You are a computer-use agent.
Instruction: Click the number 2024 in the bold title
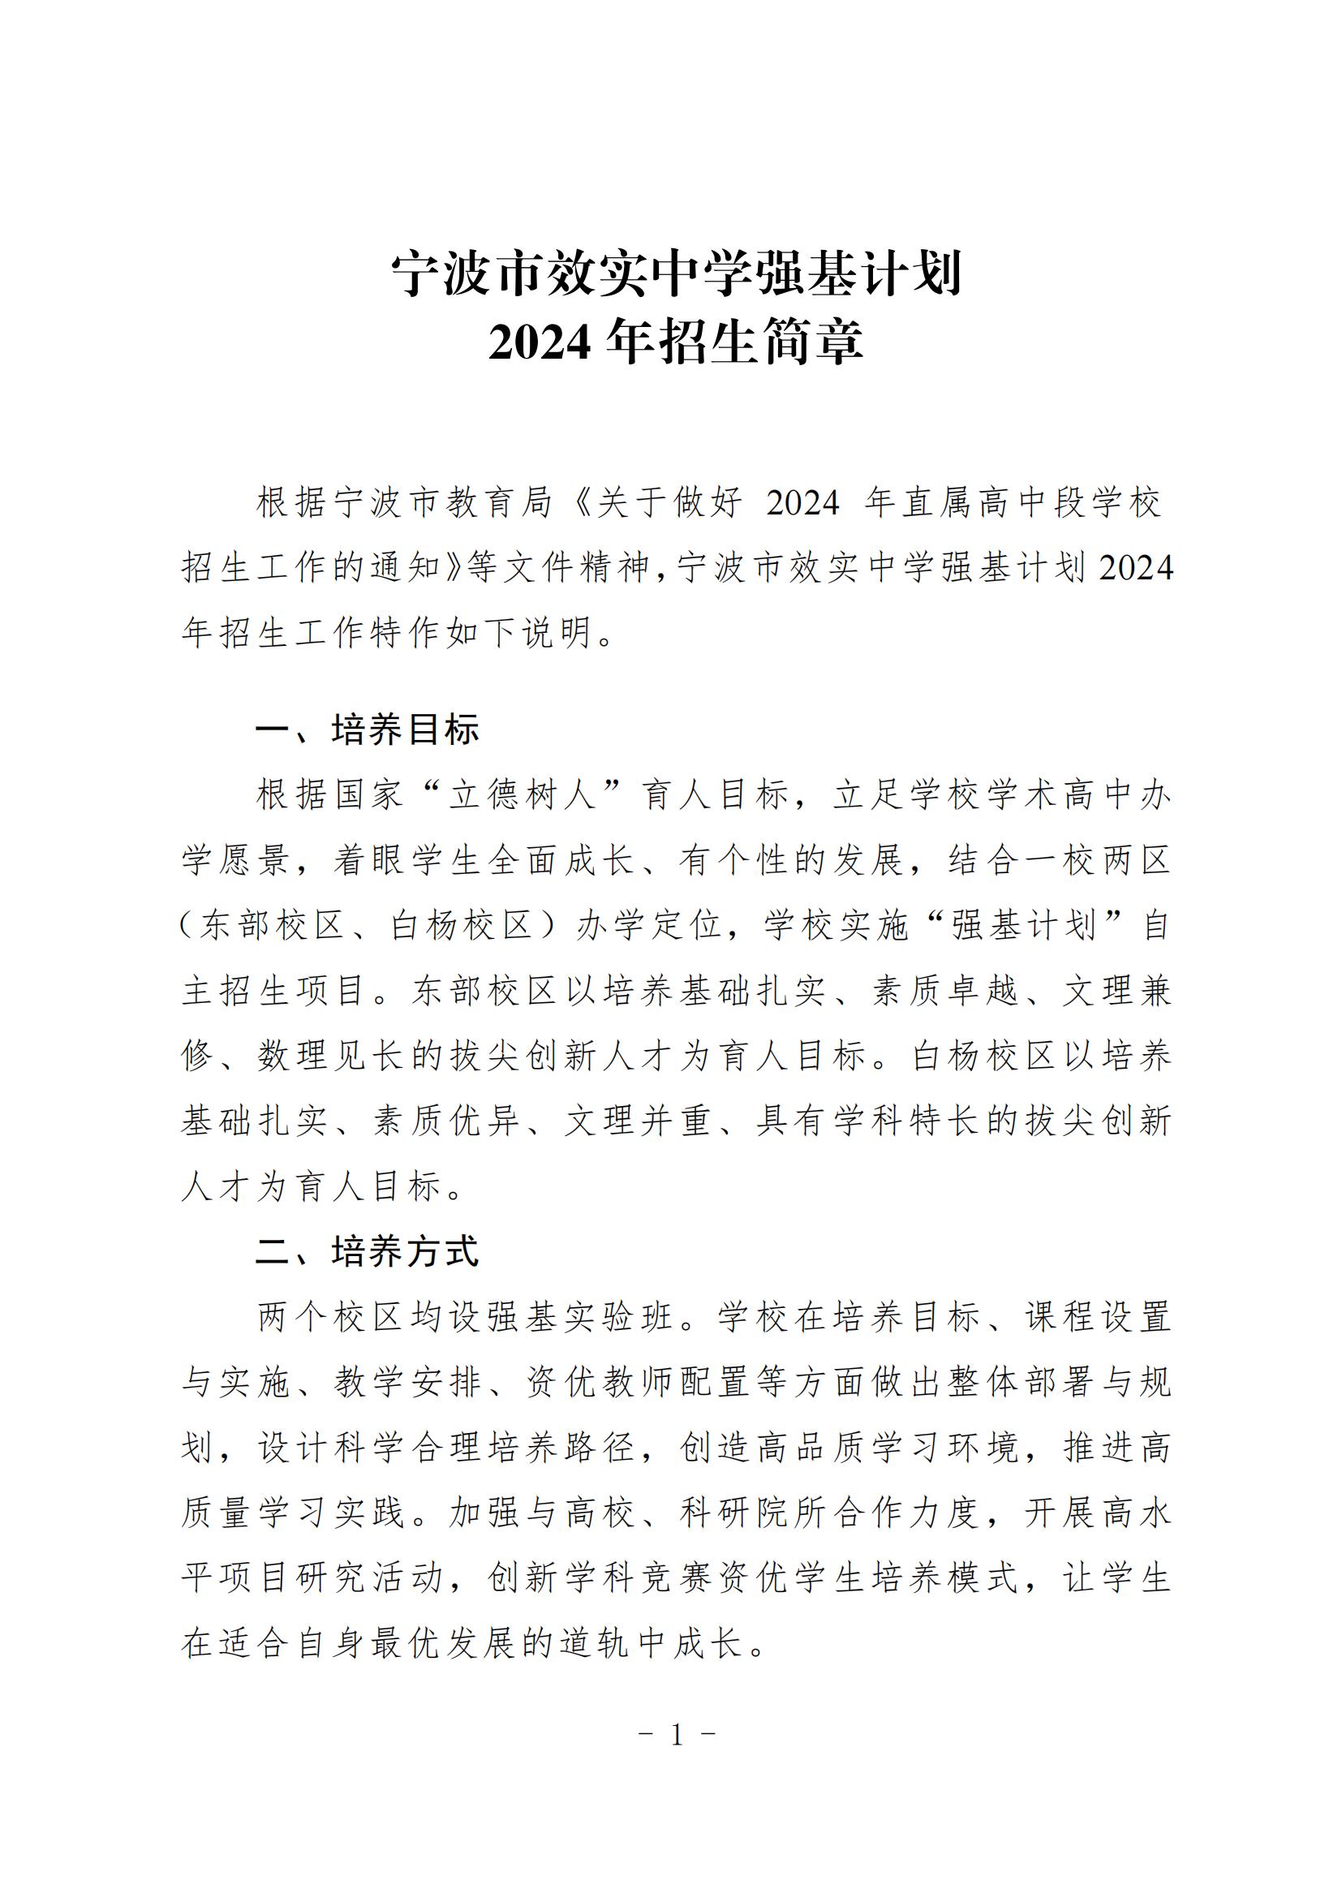coord(539,342)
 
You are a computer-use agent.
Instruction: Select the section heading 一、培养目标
coord(367,730)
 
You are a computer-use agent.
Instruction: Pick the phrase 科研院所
coord(755,1513)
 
